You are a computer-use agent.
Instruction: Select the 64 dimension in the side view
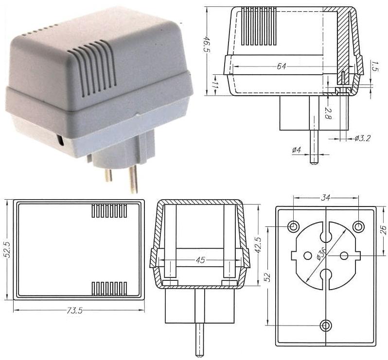(282, 67)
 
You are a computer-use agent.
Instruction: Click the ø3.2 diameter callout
(362, 138)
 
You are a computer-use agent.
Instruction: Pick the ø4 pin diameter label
(297, 150)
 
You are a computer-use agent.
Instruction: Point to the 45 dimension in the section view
(200, 260)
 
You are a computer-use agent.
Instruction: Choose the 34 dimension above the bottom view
(326, 198)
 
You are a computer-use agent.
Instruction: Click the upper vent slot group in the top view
(109, 210)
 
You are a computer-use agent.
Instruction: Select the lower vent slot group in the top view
(109, 289)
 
